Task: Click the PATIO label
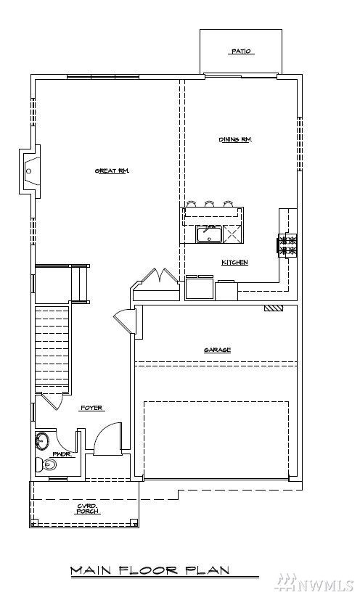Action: click(242, 52)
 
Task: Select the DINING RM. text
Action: click(235, 139)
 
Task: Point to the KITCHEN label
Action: click(235, 262)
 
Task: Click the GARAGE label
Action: click(217, 350)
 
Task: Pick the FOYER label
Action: click(91, 409)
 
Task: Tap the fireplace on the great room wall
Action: click(30, 171)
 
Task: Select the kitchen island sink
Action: click(209, 234)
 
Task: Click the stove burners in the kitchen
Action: click(287, 245)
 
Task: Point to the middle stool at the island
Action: click(210, 204)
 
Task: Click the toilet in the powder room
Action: click(49, 466)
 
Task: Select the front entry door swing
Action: click(106, 438)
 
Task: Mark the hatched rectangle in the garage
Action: click(274, 308)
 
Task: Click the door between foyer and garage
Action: click(126, 321)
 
